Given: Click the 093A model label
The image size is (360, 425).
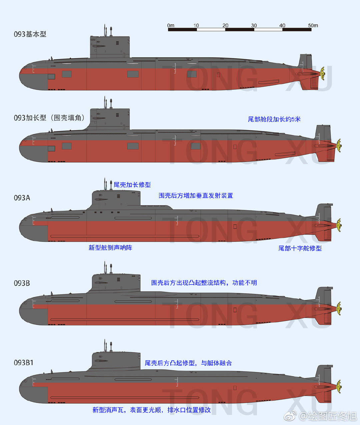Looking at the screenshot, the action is tap(22, 198).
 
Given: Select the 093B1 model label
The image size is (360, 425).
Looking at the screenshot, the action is tap(24, 363).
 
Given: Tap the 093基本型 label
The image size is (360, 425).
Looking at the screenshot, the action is tap(30, 34).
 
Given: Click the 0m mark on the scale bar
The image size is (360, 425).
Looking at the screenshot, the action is tap(171, 25).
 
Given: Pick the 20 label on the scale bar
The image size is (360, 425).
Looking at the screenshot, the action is tap(225, 25).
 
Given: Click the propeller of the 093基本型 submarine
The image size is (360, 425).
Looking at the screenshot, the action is tap(322, 73).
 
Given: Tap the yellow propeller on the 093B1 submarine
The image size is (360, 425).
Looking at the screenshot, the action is tap(339, 387).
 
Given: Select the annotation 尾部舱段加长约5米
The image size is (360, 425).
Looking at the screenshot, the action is tap(274, 119).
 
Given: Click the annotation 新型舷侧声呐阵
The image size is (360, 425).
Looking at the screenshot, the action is tap(110, 248).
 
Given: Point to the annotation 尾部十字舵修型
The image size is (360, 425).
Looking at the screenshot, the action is tap(300, 249).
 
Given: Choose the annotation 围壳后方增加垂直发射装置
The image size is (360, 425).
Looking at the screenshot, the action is tap(196, 195).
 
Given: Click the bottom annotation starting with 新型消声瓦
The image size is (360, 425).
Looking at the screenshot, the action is tap(151, 410).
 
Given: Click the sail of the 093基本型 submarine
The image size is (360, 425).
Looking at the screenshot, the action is tap(110, 47).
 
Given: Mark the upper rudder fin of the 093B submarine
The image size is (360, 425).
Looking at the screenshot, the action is tap(324, 295).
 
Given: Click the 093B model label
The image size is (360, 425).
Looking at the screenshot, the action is tap(22, 283).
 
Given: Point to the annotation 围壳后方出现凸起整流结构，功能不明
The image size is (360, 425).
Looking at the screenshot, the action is tap(204, 283).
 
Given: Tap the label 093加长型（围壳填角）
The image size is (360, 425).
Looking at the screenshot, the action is tap(49, 118).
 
